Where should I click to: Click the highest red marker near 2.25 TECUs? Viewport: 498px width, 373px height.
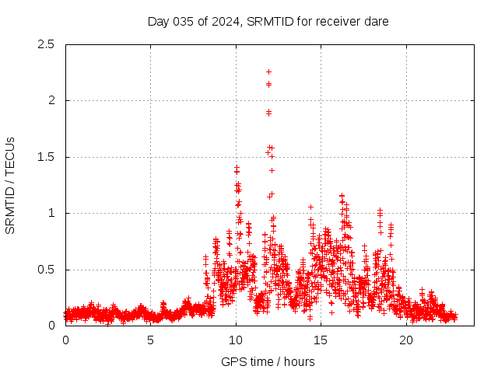(268, 71)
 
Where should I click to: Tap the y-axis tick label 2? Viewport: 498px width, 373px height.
(51, 100)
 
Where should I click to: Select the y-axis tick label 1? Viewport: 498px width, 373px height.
(51, 213)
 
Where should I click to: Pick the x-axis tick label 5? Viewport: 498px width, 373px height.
(151, 340)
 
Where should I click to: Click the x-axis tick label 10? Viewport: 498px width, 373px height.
(236, 340)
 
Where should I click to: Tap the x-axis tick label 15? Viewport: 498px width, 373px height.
(321, 340)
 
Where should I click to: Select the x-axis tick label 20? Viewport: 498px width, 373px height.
(406, 340)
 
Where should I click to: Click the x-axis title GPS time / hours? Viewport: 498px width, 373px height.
(268, 361)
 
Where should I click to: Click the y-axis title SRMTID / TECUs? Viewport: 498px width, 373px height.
(11, 185)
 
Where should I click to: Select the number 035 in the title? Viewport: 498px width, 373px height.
(181, 21)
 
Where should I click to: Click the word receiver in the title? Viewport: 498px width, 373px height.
(338, 21)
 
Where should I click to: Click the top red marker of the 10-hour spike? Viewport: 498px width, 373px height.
(237, 167)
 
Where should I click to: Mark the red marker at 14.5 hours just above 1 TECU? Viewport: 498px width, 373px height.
(310, 207)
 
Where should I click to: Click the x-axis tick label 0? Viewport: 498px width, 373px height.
(65, 340)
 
